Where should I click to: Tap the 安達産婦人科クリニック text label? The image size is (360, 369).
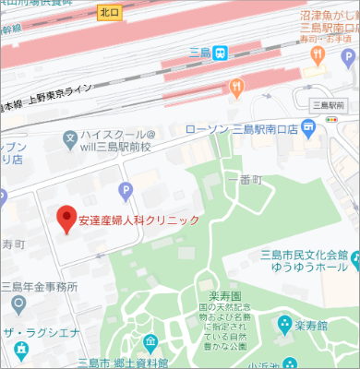(138, 220)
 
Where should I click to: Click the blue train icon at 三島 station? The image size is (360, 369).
(221, 53)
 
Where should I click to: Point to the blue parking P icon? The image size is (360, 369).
(126, 191)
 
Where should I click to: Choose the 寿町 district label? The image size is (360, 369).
(12, 244)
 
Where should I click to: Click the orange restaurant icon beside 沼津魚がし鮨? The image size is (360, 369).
(317, 54)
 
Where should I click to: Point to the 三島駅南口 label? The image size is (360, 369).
(328, 104)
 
